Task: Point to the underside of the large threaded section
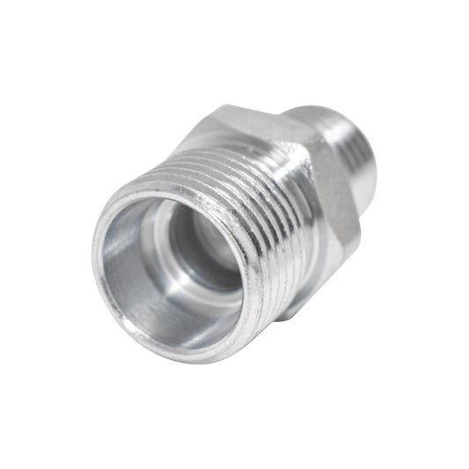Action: click(264, 308)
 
